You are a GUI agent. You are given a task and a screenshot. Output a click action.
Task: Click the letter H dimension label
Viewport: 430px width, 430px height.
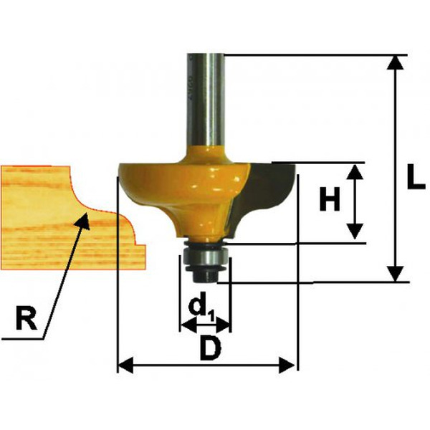coord(330,199)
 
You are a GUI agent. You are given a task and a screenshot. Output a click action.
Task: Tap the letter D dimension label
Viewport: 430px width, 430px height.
coord(211,348)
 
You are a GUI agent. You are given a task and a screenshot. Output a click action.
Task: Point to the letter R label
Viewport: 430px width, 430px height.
coord(27,318)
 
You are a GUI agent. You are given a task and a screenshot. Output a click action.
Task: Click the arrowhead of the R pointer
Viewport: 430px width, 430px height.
coord(83,220)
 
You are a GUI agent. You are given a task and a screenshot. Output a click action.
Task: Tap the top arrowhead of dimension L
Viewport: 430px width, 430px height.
coord(395,62)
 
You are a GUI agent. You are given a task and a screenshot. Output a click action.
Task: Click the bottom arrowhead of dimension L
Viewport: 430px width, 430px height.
coord(395,274)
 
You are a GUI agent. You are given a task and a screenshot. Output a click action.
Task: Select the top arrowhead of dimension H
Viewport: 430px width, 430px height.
coord(355,172)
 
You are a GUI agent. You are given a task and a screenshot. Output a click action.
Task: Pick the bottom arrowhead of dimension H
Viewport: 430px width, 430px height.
coord(355,231)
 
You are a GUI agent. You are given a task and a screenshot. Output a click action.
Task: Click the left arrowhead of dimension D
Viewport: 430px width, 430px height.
coord(125,365)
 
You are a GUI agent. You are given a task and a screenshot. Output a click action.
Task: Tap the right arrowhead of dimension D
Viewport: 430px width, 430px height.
coord(287,365)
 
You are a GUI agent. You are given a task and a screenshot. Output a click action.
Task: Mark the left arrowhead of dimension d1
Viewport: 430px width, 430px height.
coord(189,327)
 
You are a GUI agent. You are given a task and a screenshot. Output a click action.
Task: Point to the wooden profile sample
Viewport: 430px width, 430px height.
coord(73,218)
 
